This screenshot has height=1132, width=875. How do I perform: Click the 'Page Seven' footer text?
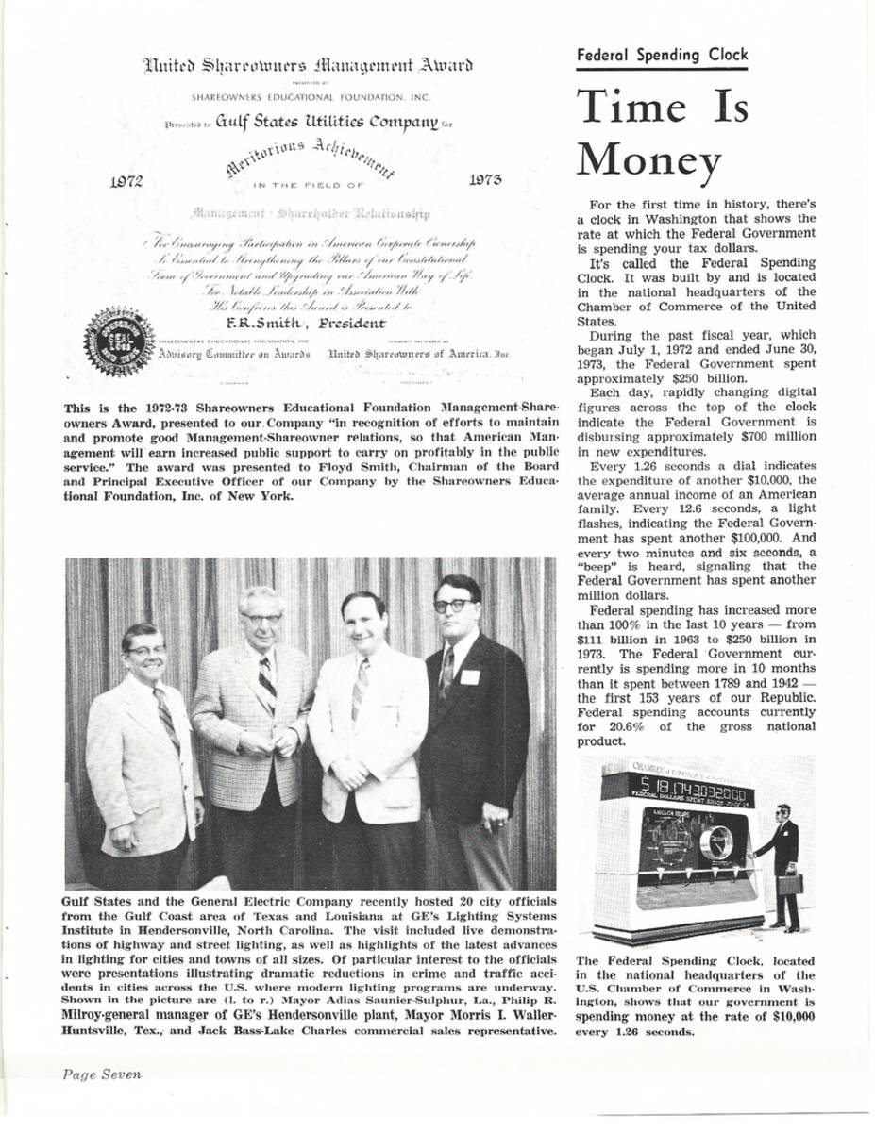pyautogui.click(x=102, y=1074)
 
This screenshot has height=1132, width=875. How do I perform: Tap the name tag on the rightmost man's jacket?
pyautogui.click(x=469, y=676)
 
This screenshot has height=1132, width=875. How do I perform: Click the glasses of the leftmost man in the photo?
pyautogui.click(x=146, y=650)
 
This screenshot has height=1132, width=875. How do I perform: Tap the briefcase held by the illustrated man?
pyautogui.click(x=790, y=884)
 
